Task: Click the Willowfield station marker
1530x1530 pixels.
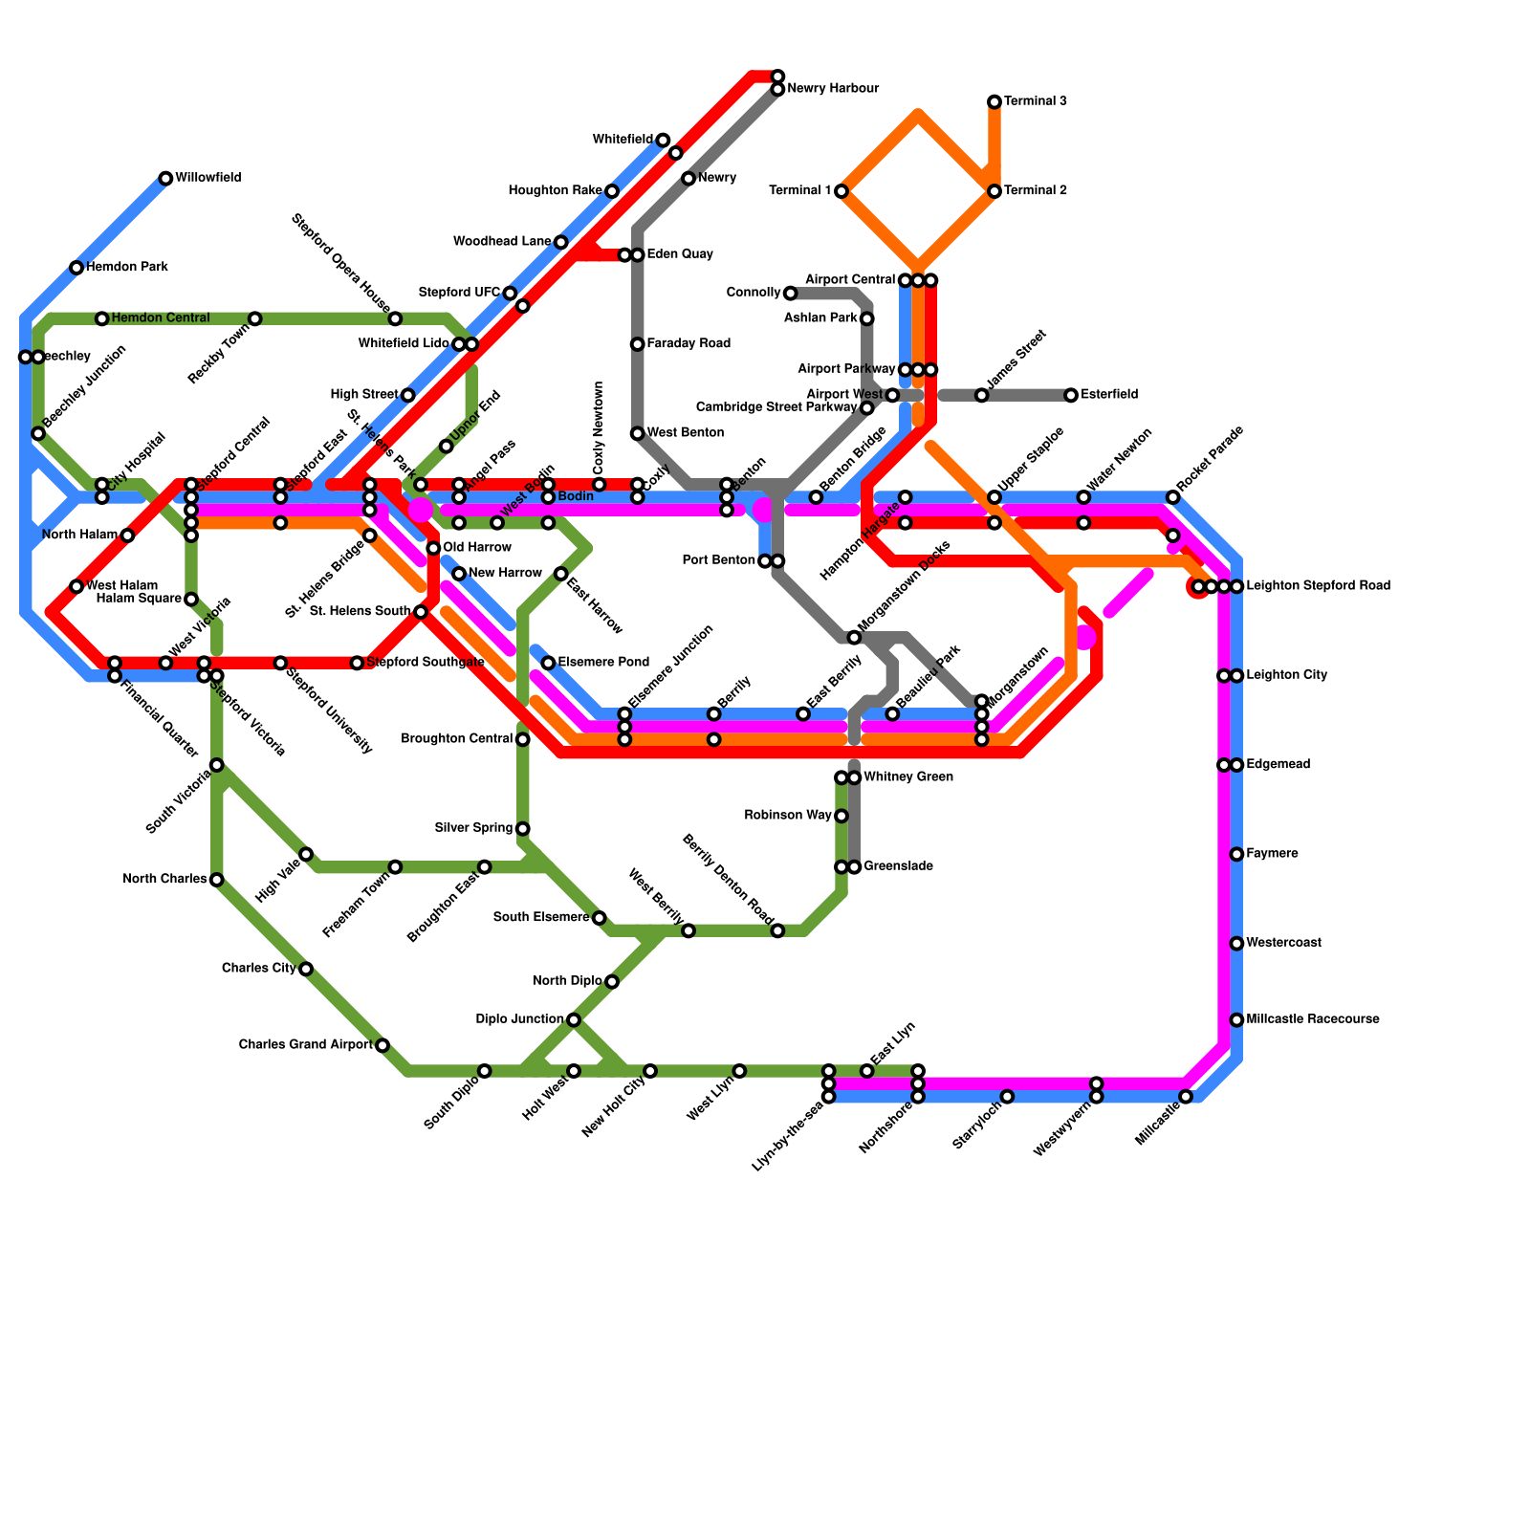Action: click(165, 179)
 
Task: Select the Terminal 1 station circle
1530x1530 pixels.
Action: click(841, 191)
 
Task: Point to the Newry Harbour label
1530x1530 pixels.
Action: click(833, 89)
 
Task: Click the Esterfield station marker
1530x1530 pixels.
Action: click(1071, 395)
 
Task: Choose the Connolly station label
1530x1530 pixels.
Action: click(754, 293)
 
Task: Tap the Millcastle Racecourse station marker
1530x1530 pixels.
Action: click(1236, 1020)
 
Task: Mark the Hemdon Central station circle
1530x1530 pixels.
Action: click(102, 318)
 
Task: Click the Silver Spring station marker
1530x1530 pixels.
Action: click(523, 828)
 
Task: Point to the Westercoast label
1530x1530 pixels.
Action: click(1284, 943)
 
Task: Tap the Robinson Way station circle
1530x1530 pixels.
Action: click(841, 816)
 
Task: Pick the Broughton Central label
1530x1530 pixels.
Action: click(457, 739)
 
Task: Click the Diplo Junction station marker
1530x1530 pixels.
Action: click(574, 1020)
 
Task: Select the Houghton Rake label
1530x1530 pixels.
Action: click(555, 191)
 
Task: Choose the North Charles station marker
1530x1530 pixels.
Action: click(217, 880)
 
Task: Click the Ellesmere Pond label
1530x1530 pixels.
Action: click(603, 663)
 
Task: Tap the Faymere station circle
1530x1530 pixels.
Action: click(1236, 854)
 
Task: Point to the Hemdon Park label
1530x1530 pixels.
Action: click(127, 268)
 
